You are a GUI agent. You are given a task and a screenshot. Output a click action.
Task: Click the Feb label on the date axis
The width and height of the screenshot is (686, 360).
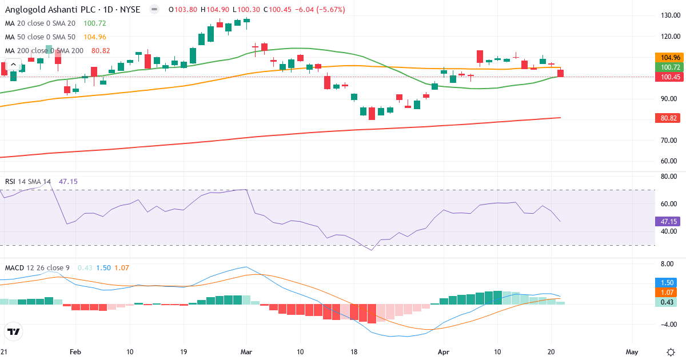pyautogui.click(x=75, y=351)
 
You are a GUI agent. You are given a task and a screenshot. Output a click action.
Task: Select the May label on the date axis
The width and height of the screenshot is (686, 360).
pyautogui.click(x=632, y=351)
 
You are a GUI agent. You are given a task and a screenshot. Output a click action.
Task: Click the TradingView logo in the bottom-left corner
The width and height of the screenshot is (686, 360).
pyautogui.click(x=13, y=331)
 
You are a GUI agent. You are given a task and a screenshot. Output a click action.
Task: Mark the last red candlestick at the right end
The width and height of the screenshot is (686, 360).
pyautogui.click(x=561, y=73)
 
